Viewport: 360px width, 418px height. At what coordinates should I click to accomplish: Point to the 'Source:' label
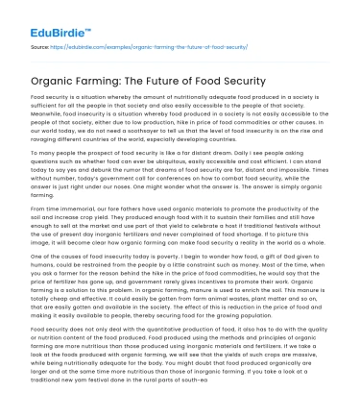point(39,45)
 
